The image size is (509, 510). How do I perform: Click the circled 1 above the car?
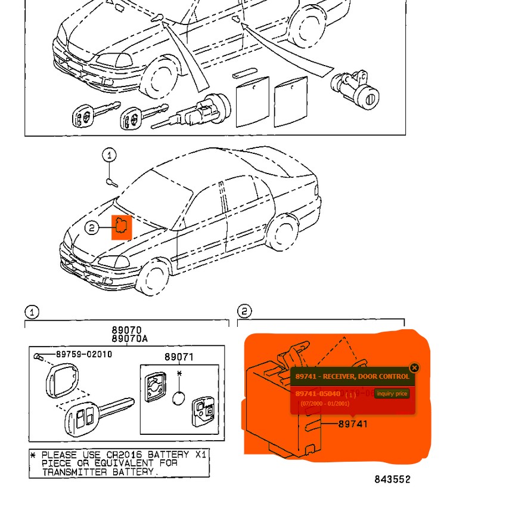109,156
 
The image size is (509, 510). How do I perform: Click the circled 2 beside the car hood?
91,227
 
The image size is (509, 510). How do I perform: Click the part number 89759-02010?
83,354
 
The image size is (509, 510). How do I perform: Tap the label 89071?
179,357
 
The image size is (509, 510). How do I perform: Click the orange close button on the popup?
415,368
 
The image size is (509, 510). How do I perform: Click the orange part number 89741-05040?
318,394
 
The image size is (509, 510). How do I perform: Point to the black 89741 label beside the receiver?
353,424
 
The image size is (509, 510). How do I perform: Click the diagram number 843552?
392,479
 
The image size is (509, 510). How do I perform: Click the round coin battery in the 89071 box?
180,398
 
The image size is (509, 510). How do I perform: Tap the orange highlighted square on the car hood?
122,227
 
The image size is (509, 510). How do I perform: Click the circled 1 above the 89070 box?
32,312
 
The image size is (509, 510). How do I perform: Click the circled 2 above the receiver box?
244,311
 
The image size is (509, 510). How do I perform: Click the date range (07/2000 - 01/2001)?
325,404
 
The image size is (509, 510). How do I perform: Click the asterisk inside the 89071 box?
179,374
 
